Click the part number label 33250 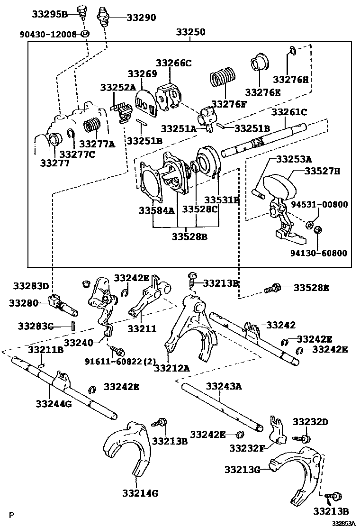pyautogui.click(x=191, y=33)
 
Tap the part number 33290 pyautogui.click(x=141, y=18)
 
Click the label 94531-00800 pyautogui.click(x=326, y=205)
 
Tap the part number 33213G pyautogui.click(x=242, y=469)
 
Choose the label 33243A pyautogui.click(x=223, y=387)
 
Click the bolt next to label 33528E pyautogui.click(x=273, y=288)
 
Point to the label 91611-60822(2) pyautogui.click(x=120, y=362)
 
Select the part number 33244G pyautogui.click(x=54, y=403)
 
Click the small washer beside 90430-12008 pyautogui.click(x=85, y=34)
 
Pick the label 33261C pyautogui.click(x=289, y=112)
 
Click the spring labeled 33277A pyautogui.click(x=92, y=127)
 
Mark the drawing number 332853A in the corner pyautogui.click(x=344, y=523)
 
